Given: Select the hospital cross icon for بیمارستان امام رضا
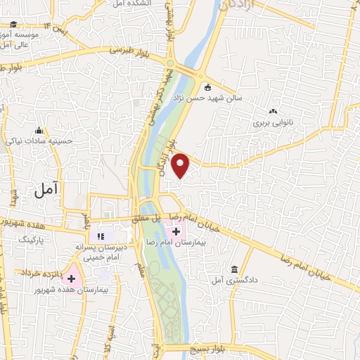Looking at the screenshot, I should (175, 231).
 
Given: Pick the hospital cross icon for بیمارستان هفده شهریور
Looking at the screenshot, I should (71, 278).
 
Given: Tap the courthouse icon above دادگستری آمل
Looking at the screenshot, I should (234, 270).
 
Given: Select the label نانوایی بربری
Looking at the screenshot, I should (273, 122).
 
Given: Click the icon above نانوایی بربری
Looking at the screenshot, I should (274, 111).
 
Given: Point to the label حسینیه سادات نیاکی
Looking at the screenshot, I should (39, 141).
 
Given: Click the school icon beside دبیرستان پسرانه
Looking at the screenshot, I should (100, 235).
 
